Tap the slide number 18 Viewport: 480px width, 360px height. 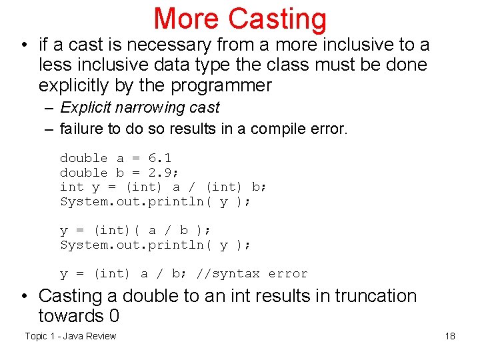point(450,336)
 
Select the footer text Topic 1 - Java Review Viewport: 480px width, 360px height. point(70,336)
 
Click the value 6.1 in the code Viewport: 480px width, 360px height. point(160,158)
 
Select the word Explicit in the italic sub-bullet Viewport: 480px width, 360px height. point(87,108)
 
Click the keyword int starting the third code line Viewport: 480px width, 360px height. point(72,187)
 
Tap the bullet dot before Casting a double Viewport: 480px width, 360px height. point(25,297)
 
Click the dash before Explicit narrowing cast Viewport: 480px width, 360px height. point(48,108)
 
